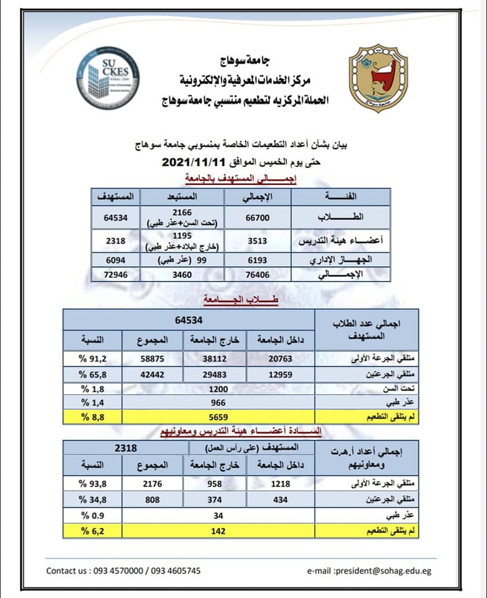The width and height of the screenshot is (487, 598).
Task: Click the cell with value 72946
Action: (x=115, y=273)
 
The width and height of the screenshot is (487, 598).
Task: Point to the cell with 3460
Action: (x=188, y=273)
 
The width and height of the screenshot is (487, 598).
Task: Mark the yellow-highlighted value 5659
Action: (x=218, y=417)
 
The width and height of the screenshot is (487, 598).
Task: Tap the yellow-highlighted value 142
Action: (x=218, y=531)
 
